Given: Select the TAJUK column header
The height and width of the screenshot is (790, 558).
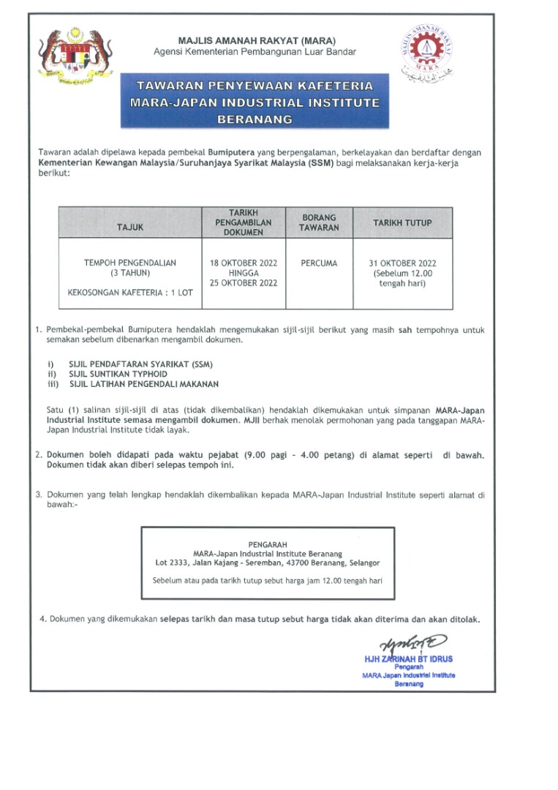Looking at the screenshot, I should pyautogui.click(x=130, y=227).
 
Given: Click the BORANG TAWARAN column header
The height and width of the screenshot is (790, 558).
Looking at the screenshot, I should pyautogui.click(x=319, y=222).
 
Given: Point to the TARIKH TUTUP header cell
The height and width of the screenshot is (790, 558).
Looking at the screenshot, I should pyautogui.click(x=402, y=222).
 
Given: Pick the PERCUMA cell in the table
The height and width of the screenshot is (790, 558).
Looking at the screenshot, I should pyautogui.click(x=319, y=263).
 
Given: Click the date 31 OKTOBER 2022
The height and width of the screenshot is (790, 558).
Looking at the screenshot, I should pyautogui.click(x=402, y=263).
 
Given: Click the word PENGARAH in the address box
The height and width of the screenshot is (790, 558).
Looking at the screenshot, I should pyautogui.click(x=267, y=544).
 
